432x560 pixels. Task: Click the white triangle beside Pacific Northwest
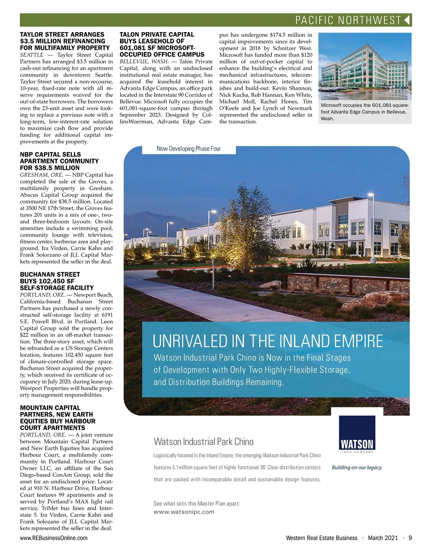(x=407, y=20)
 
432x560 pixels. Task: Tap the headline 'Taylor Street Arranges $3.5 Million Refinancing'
(x=65, y=41)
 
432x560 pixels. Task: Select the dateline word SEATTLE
(x=32, y=55)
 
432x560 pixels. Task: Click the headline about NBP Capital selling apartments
(x=59, y=161)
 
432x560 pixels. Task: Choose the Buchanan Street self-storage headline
(x=57, y=281)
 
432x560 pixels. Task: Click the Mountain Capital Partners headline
(x=58, y=418)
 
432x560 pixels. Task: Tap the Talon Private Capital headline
(x=162, y=44)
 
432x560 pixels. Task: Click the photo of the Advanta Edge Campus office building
(x=365, y=67)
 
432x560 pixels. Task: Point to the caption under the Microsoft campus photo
(x=365, y=112)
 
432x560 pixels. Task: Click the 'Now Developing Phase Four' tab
(x=189, y=149)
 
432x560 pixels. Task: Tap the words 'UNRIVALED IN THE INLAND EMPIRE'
(x=268, y=341)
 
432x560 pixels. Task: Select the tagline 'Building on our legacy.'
(x=357, y=467)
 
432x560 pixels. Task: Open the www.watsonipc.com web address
(x=184, y=512)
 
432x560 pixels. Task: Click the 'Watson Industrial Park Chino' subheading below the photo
(x=203, y=442)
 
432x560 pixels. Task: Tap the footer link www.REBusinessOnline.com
(x=54, y=538)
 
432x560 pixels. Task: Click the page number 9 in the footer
(x=410, y=538)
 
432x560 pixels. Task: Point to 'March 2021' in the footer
(x=383, y=538)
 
